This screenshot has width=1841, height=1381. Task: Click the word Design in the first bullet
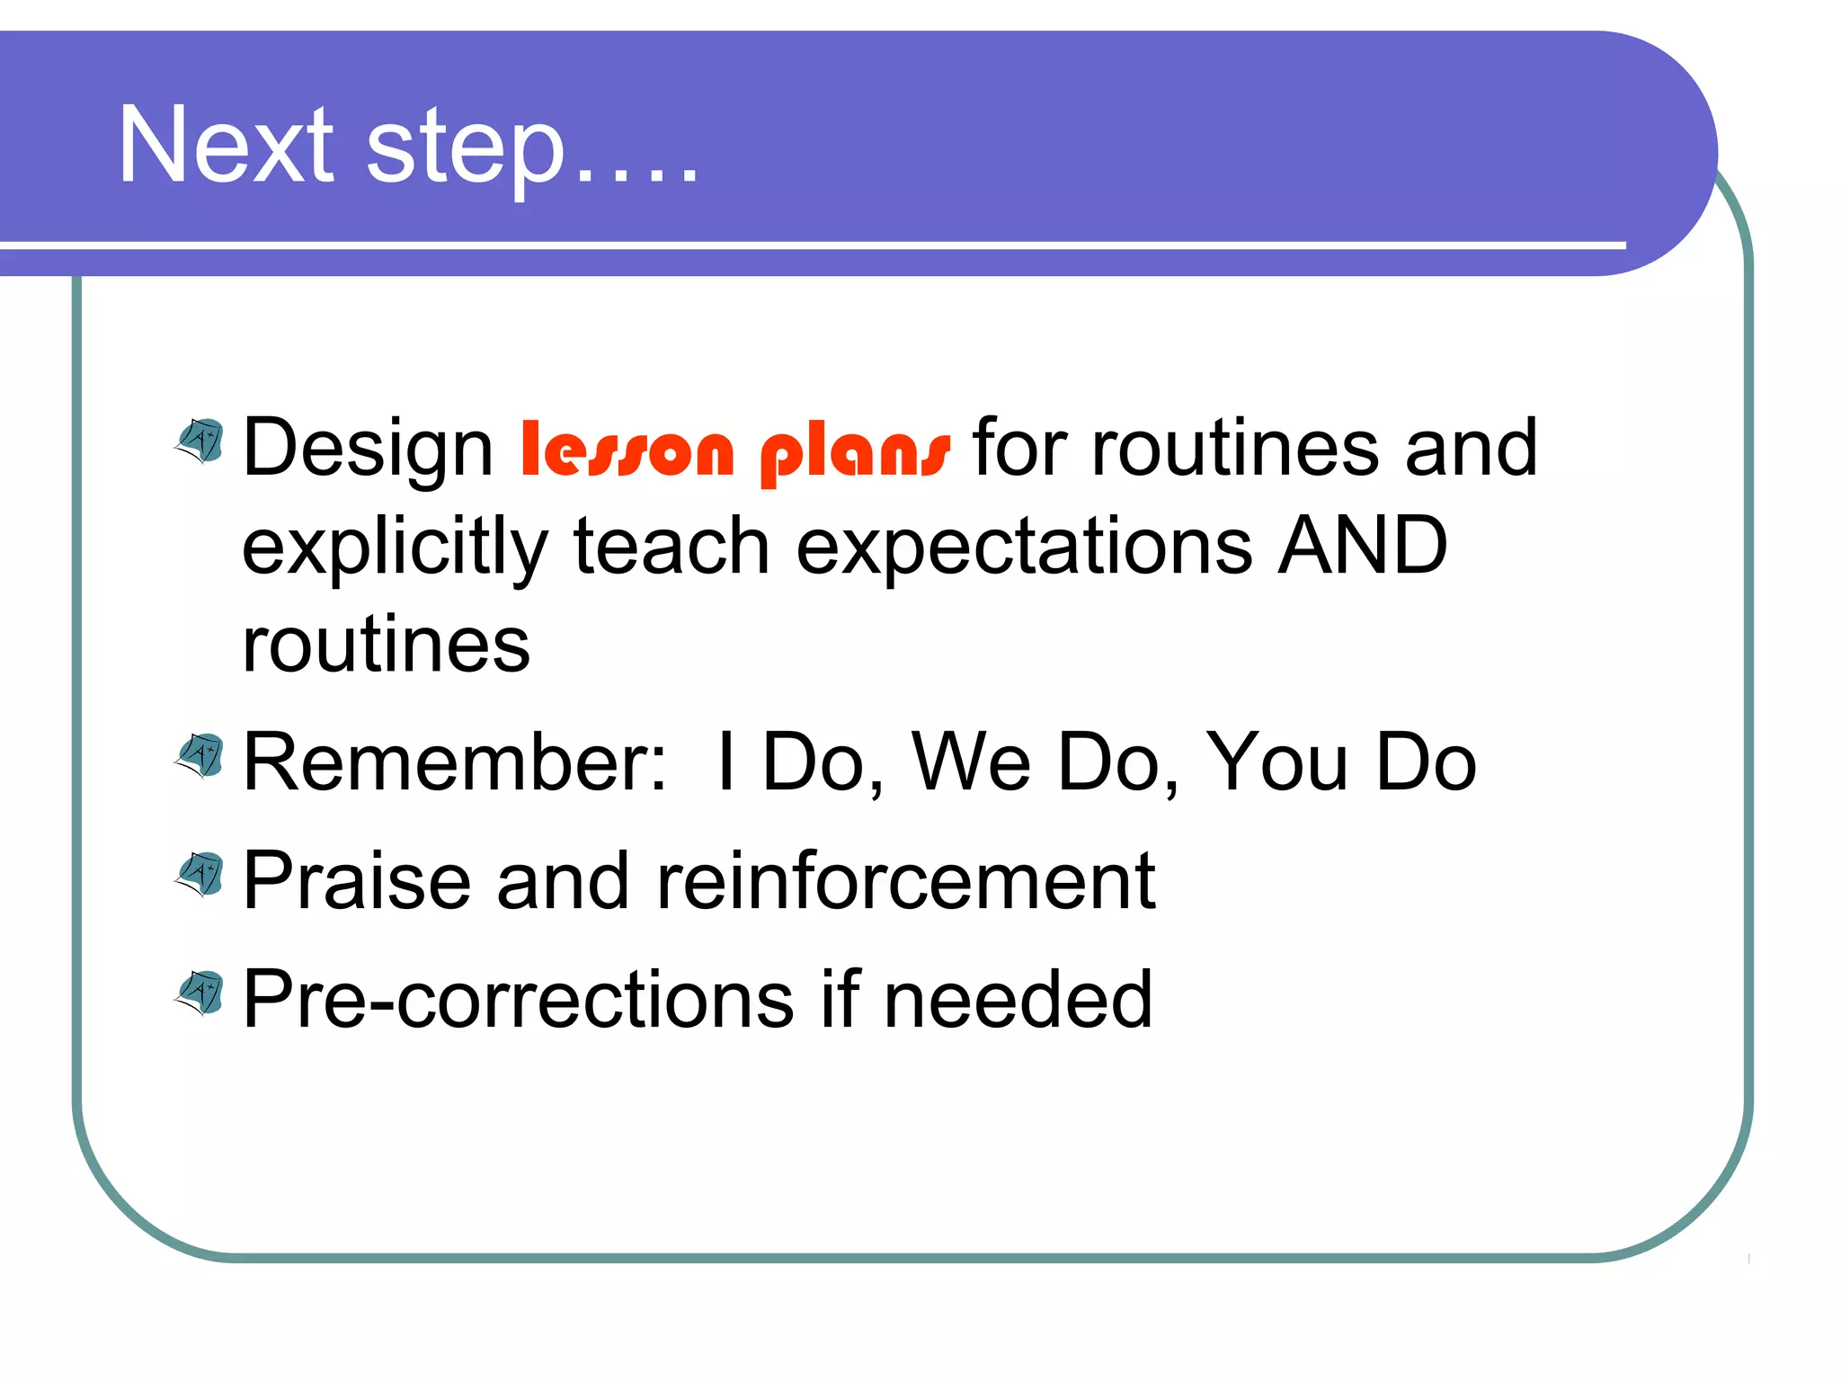(368, 449)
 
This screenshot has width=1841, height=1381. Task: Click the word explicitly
(395, 548)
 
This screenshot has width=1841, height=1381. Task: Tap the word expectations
(1024, 548)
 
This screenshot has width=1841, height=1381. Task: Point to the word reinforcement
(905, 881)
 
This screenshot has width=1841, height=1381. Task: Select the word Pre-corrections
(519, 1000)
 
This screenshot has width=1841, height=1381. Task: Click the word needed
(1018, 1000)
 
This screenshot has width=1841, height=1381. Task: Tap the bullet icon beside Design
(200, 441)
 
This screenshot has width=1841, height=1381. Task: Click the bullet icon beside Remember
(200, 756)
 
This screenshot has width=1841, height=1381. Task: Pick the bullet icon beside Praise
(200, 875)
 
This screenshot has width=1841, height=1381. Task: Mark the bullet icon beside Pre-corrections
(200, 993)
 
